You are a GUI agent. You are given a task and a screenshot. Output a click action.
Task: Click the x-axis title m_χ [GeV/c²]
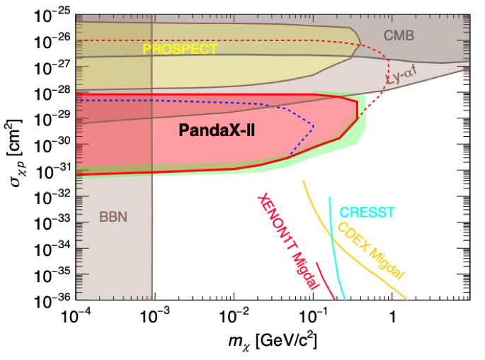click(x=273, y=340)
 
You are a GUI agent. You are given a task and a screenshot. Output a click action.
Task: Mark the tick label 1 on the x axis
click(x=393, y=316)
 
